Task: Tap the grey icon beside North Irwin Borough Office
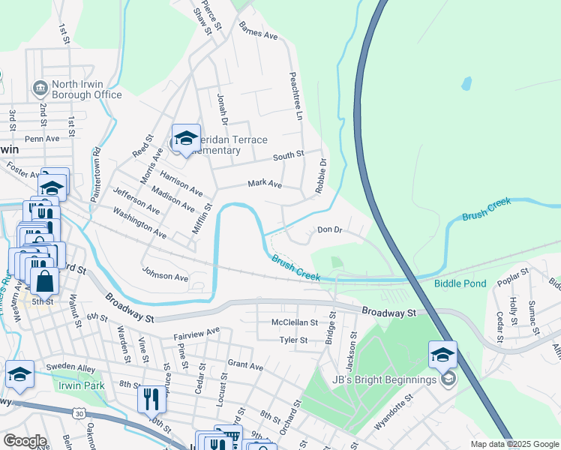click(x=40, y=88)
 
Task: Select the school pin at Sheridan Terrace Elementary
click(x=186, y=139)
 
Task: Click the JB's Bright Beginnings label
click(x=394, y=379)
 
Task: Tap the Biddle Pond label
click(x=460, y=283)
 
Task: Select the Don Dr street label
click(x=329, y=230)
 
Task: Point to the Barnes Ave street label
click(x=258, y=31)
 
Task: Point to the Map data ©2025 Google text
click(x=514, y=444)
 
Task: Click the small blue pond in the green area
click(x=466, y=83)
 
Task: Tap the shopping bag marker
click(x=44, y=281)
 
